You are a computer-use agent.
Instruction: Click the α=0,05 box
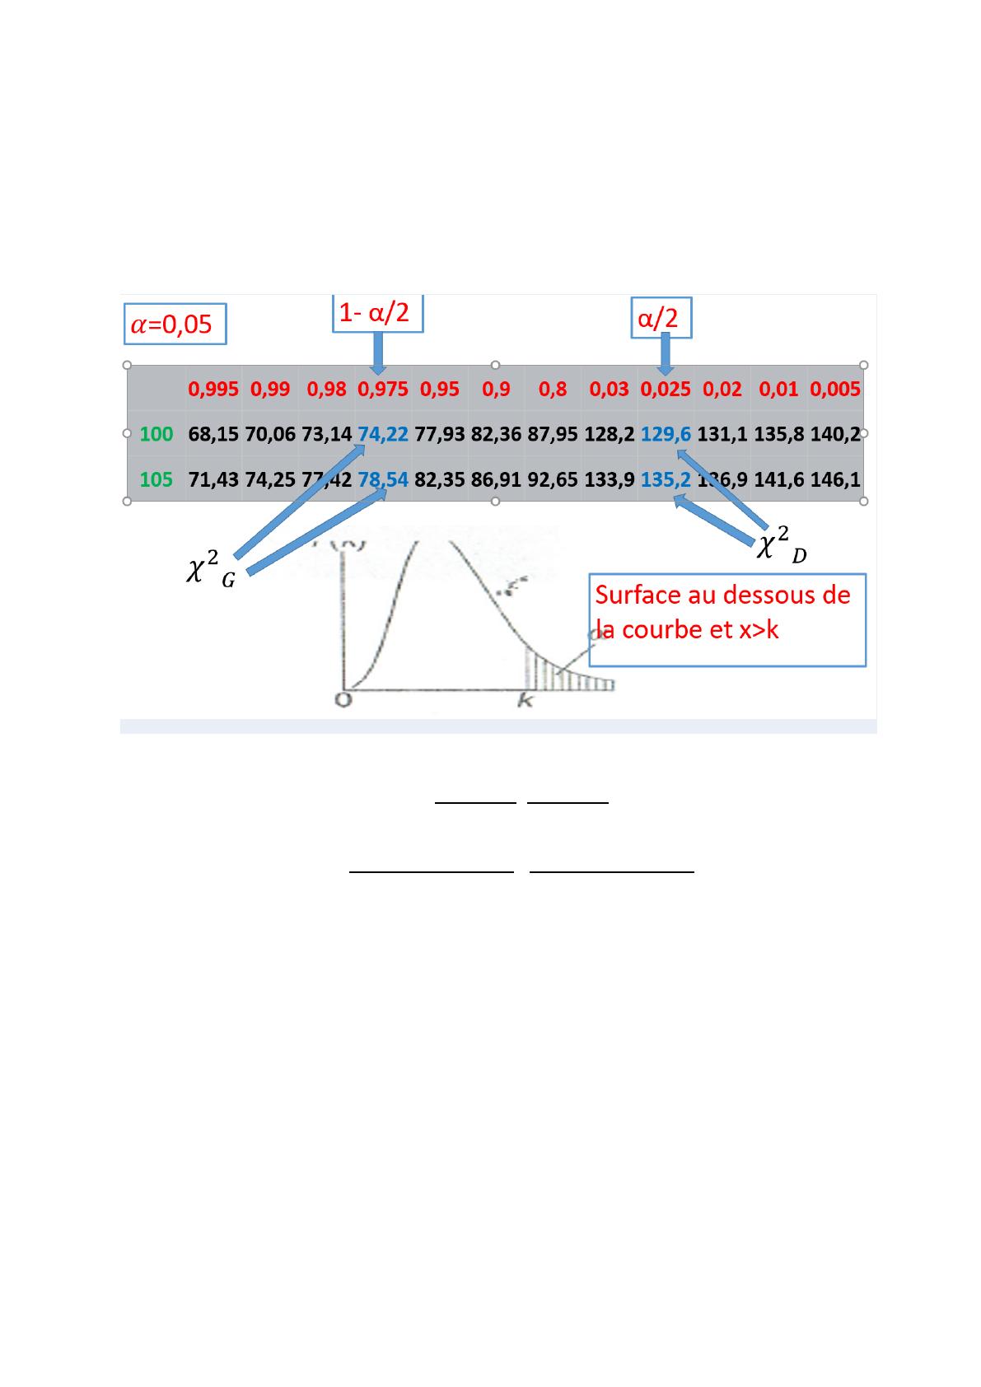[174, 325]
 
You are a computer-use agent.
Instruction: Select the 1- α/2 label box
[377, 313]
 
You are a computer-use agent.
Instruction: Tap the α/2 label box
[661, 318]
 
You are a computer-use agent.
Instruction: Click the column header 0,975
[382, 390]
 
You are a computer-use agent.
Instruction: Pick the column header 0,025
[666, 390]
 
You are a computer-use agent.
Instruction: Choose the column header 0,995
[213, 390]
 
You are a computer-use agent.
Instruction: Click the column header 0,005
[835, 390]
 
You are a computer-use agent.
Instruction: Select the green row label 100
[156, 434]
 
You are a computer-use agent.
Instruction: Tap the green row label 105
[156, 479]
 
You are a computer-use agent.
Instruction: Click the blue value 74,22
[383, 434]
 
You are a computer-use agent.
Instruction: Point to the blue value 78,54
[383, 479]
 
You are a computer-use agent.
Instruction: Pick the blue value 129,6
[666, 434]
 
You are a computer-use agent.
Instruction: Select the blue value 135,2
[666, 479]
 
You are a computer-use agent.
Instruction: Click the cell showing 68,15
[213, 434]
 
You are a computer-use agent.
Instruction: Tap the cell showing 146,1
[835, 479]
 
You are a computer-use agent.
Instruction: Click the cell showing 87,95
[553, 434]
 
